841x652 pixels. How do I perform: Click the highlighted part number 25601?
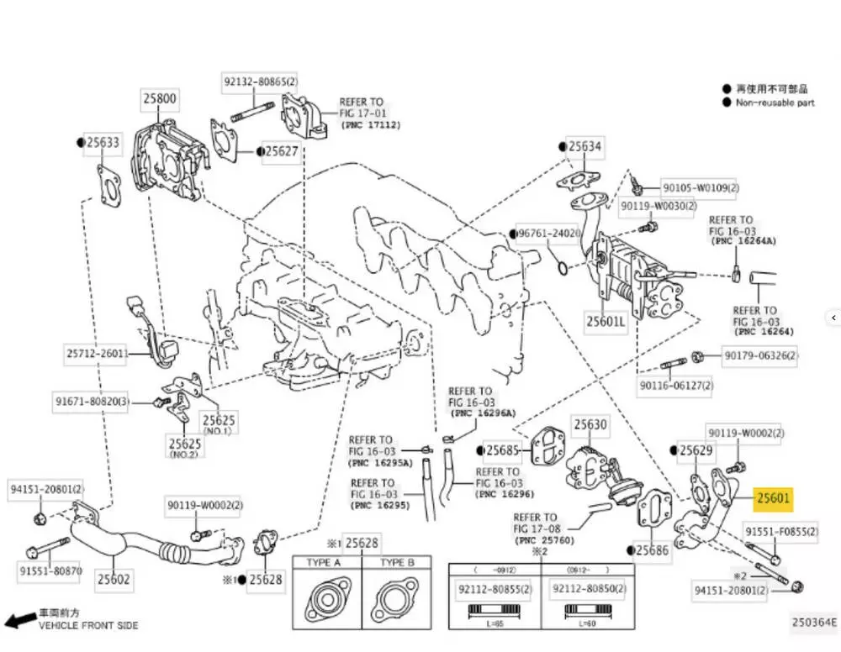(774, 498)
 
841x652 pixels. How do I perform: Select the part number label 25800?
(159, 98)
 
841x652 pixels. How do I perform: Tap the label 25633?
(103, 143)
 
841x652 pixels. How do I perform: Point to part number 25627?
(281, 151)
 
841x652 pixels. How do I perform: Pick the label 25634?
(584, 147)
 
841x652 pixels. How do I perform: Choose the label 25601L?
(606, 320)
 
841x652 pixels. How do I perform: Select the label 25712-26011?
(97, 354)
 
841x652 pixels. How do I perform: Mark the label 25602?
(114, 578)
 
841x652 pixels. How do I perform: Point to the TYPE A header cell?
(325, 562)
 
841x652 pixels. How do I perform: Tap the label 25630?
(590, 425)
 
